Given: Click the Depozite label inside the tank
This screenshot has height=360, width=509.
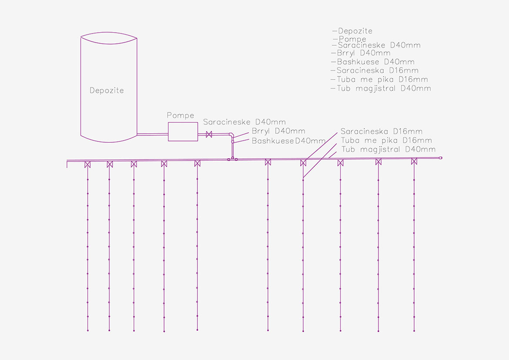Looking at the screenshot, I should click(x=107, y=91).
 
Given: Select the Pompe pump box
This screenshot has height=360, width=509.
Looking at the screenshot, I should click(x=183, y=131).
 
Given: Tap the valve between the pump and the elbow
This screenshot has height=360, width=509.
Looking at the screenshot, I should click(x=209, y=135).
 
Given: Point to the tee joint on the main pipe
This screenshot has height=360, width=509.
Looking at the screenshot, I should click(x=233, y=159).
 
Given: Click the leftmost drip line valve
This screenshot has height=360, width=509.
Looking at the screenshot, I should click(x=87, y=164).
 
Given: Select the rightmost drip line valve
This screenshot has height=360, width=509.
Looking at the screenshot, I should click(x=414, y=161).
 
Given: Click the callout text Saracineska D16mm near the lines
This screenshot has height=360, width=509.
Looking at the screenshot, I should click(x=381, y=131).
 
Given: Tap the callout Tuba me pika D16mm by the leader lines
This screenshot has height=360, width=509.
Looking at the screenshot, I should click(x=386, y=140).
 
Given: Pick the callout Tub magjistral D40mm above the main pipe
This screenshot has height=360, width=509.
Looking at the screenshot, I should click(x=388, y=149).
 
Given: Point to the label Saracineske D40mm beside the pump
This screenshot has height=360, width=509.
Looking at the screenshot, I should click(x=244, y=122).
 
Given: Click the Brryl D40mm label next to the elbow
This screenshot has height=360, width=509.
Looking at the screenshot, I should click(x=278, y=131).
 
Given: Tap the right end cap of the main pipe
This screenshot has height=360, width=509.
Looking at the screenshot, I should click(x=440, y=158).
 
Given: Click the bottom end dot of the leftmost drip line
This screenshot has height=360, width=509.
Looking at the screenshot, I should click(x=87, y=331).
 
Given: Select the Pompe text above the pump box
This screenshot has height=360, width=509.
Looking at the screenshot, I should click(x=180, y=115).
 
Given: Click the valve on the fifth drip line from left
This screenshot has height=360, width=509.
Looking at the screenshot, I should click(x=197, y=163).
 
